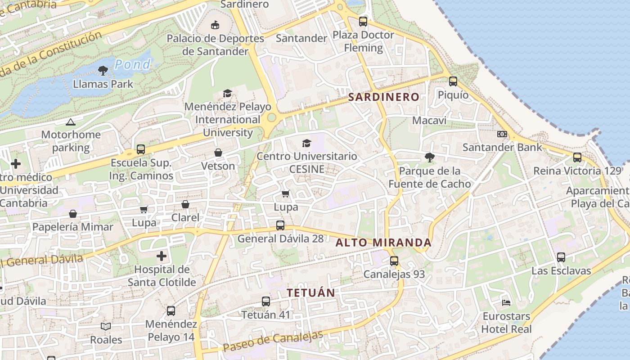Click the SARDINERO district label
click(x=384, y=97)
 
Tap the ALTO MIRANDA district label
click(x=384, y=243)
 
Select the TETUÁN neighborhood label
click(x=311, y=292)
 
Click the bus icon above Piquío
click(x=453, y=81)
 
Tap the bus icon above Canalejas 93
click(x=394, y=261)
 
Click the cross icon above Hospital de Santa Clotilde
click(x=162, y=256)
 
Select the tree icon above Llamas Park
click(x=103, y=70)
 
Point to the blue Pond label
click(x=132, y=64)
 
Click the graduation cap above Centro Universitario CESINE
click(x=306, y=143)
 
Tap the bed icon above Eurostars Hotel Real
click(x=506, y=303)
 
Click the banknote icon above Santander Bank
click(x=502, y=134)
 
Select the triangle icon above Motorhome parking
click(x=71, y=122)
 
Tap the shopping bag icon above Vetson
click(x=218, y=153)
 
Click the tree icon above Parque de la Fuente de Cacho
click(x=430, y=157)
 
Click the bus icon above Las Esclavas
click(x=561, y=257)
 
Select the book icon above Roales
click(x=106, y=326)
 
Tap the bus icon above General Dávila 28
click(x=280, y=225)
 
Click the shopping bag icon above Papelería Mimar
click(x=73, y=213)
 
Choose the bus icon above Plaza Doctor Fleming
click(x=363, y=21)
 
